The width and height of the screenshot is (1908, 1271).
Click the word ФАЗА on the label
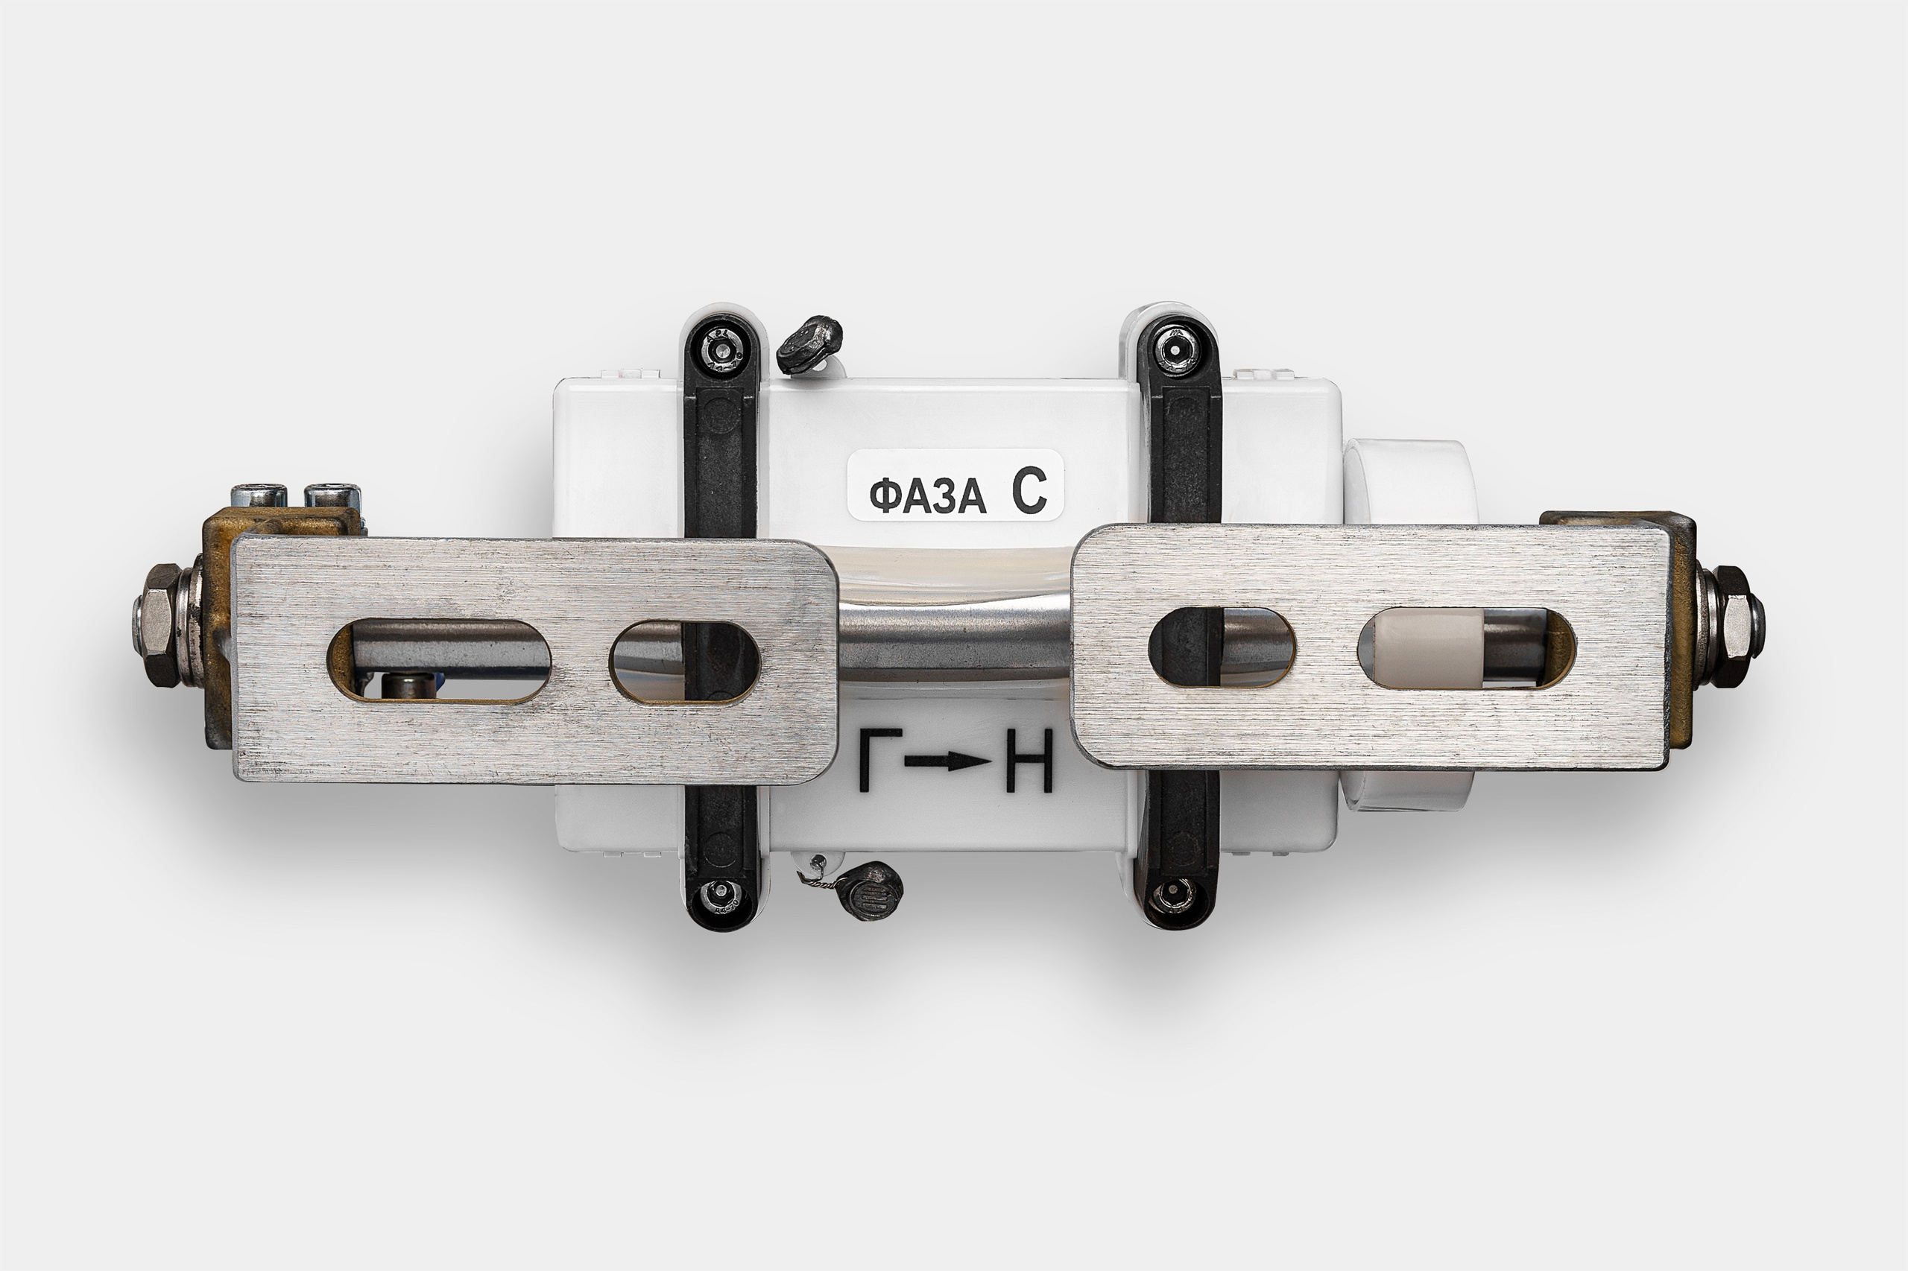tap(928, 495)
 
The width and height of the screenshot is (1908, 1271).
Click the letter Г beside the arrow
tap(879, 759)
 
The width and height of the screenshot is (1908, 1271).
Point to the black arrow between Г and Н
tap(948, 761)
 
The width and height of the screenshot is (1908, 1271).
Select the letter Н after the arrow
tap(1030, 759)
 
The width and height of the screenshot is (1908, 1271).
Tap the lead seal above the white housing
tap(809, 343)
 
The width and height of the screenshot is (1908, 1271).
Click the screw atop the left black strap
tap(721, 351)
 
